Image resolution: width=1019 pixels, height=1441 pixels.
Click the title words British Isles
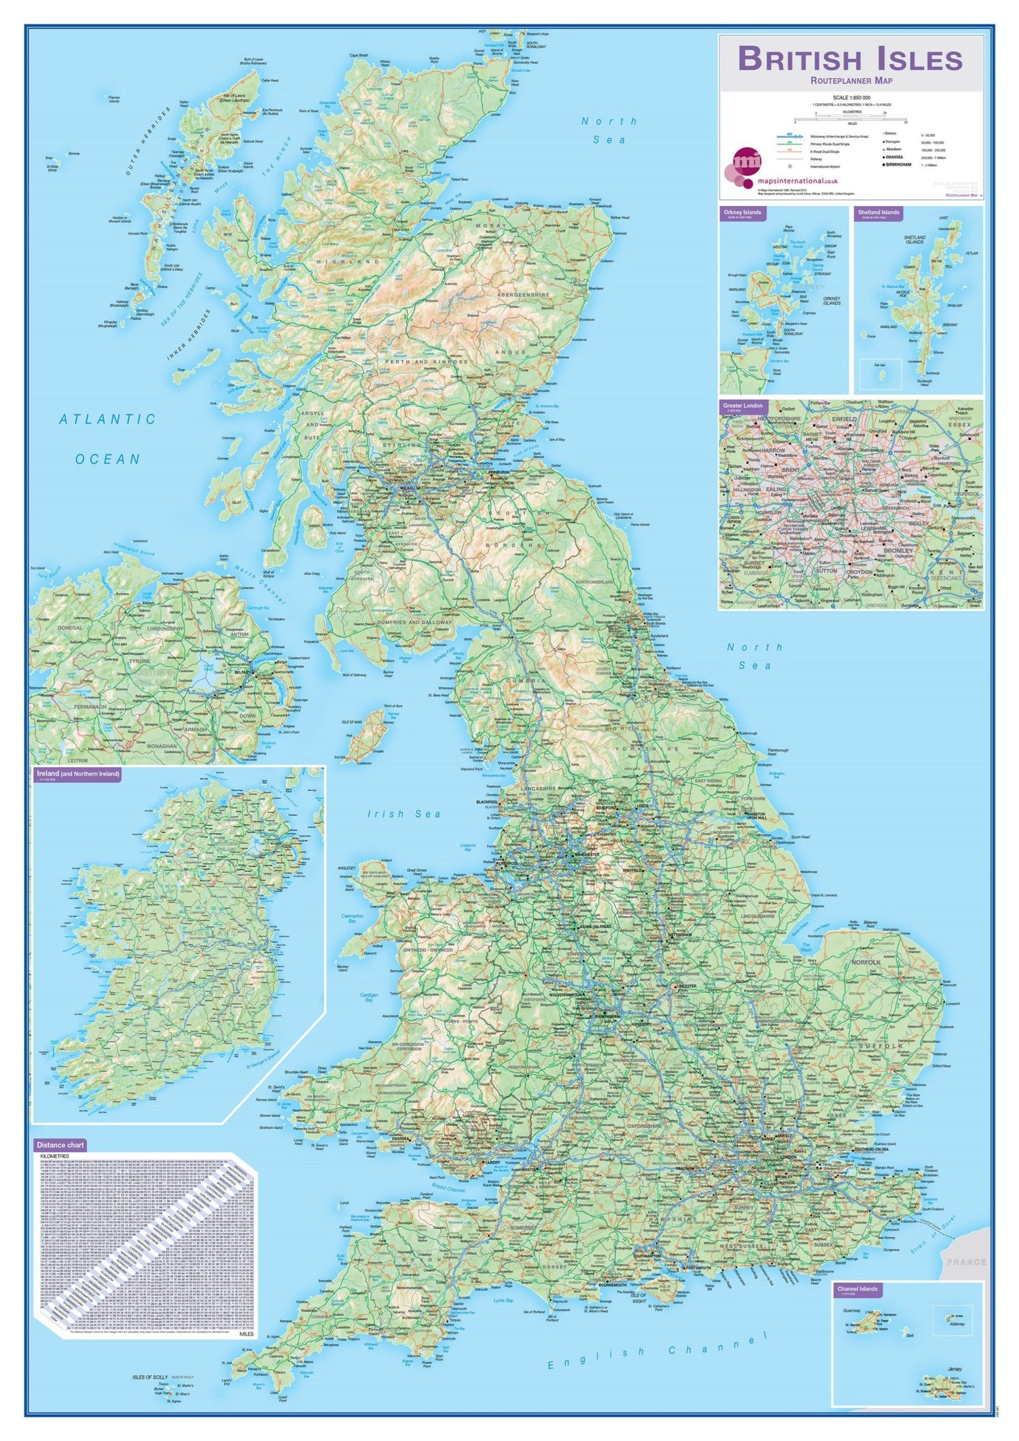850,59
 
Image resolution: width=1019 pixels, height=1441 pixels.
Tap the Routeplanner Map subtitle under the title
851,81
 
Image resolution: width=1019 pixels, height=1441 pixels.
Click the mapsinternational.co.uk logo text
797,181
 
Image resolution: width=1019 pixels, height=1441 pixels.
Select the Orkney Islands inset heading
743,213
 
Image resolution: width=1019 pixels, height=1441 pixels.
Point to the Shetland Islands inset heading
878,213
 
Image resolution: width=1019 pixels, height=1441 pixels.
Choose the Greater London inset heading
743,406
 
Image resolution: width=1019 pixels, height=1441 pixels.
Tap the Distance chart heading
60,1145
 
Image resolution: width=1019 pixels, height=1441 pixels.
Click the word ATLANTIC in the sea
107,419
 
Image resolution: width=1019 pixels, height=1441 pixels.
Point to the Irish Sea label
404,814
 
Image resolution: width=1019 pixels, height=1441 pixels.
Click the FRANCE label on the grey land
965,1262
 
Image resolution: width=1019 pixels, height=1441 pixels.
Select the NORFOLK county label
865,963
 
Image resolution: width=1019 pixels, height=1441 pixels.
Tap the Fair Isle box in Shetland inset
880,374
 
